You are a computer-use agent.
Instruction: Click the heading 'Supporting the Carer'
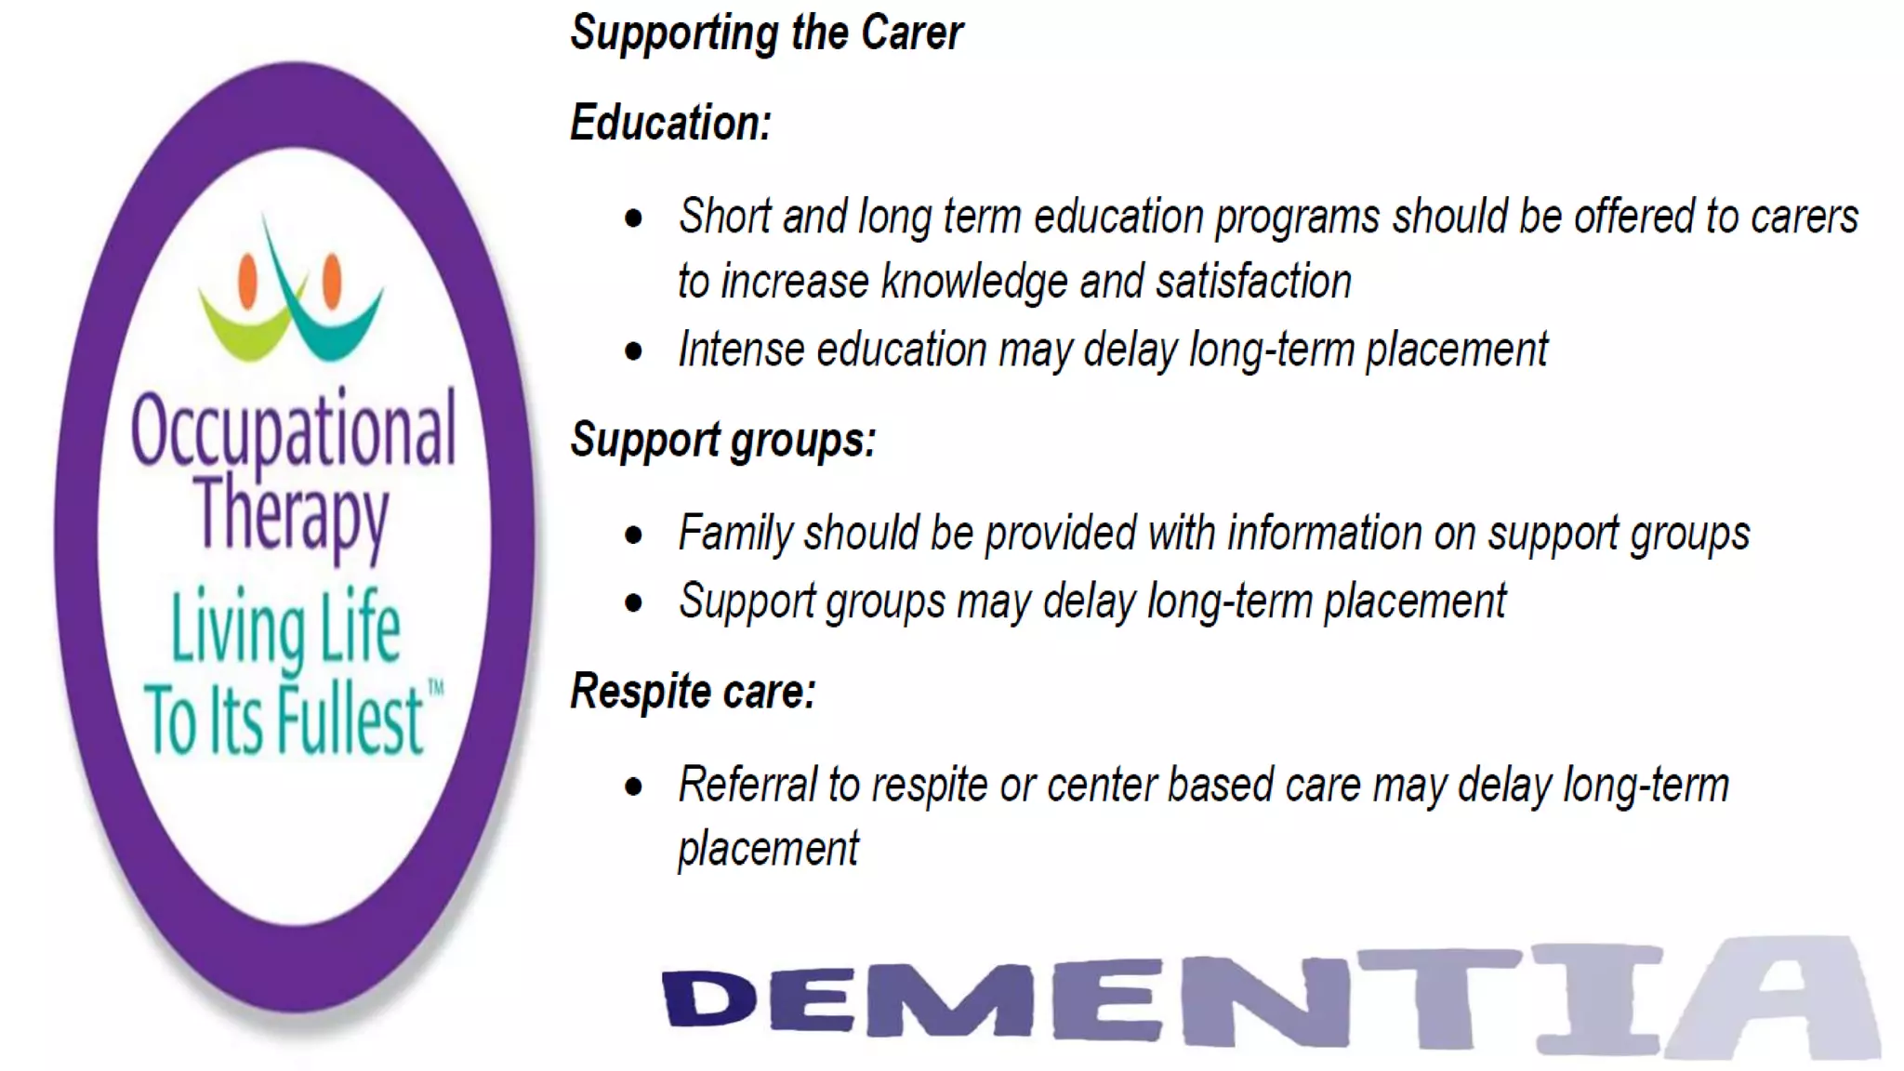point(766,33)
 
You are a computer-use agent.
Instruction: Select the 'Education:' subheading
point(670,123)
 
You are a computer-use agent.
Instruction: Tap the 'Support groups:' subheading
point(722,440)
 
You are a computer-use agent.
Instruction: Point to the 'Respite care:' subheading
point(693,692)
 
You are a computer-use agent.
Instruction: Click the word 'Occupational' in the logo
point(293,430)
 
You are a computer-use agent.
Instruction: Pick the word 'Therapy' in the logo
point(291,514)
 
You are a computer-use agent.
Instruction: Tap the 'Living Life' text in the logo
point(285,629)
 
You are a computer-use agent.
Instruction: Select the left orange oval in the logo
point(247,281)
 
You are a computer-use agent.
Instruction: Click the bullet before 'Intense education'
point(634,351)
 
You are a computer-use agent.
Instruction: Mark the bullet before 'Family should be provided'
point(634,535)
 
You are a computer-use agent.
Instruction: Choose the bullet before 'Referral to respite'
point(634,787)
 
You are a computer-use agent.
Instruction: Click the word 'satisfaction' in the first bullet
point(1253,282)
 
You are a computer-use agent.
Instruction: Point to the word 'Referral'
point(747,785)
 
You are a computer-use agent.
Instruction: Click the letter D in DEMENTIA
point(709,999)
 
